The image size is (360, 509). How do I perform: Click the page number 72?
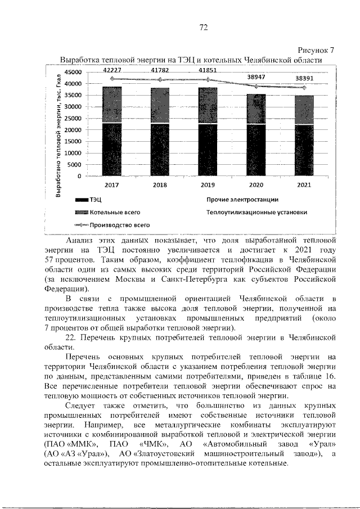(204, 28)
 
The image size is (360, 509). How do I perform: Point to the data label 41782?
(161, 70)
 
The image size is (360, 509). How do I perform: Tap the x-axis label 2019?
(209, 184)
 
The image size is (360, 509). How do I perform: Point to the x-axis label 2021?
(305, 184)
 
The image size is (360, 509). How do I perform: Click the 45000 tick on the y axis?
(73, 73)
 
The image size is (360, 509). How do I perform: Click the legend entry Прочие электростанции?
(242, 199)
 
